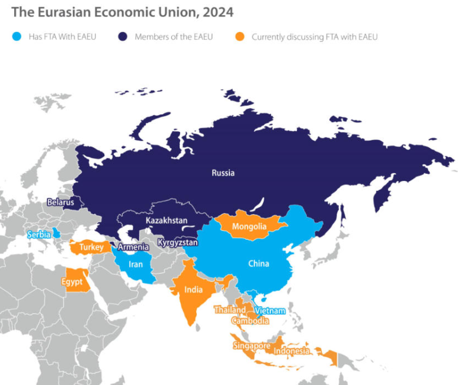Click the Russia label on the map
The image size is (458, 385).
coord(223,173)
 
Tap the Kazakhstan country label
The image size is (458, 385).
coord(166,221)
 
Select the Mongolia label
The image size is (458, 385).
coord(249,226)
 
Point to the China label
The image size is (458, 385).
coord(258,263)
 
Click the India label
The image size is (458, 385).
coord(193,290)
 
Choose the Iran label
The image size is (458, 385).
coord(136,264)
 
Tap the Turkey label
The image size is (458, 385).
coord(92,247)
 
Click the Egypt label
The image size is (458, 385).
coord(72,282)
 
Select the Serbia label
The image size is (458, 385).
coord(39,234)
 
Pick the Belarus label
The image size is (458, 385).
coord(61,203)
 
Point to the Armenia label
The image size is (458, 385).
coord(133,247)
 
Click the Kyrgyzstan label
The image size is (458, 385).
coord(177,243)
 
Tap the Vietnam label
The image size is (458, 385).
coord(270,311)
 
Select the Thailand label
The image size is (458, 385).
coord(230,310)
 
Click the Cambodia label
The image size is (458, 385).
coord(250,321)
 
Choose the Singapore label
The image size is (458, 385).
coord(251,346)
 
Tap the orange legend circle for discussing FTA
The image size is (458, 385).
coord(240,37)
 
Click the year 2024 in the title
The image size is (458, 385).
coord(218,12)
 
